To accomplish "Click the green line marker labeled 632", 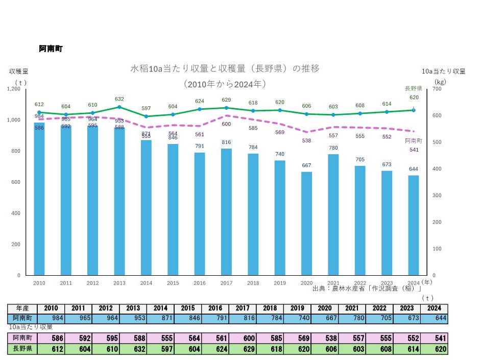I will (119, 107).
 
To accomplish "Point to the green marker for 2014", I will (146, 116).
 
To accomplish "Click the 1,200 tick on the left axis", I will (13, 89).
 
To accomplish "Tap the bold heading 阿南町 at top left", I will (51, 49).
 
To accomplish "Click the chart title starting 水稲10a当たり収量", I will (225, 68).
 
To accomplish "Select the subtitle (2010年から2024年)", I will (225, 83).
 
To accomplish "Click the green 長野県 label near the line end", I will (413, 88).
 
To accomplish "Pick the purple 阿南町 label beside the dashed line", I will (413, 140).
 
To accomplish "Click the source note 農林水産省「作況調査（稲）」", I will (370, 289).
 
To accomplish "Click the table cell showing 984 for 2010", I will (51, 318).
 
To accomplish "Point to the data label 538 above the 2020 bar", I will (306, 140).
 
